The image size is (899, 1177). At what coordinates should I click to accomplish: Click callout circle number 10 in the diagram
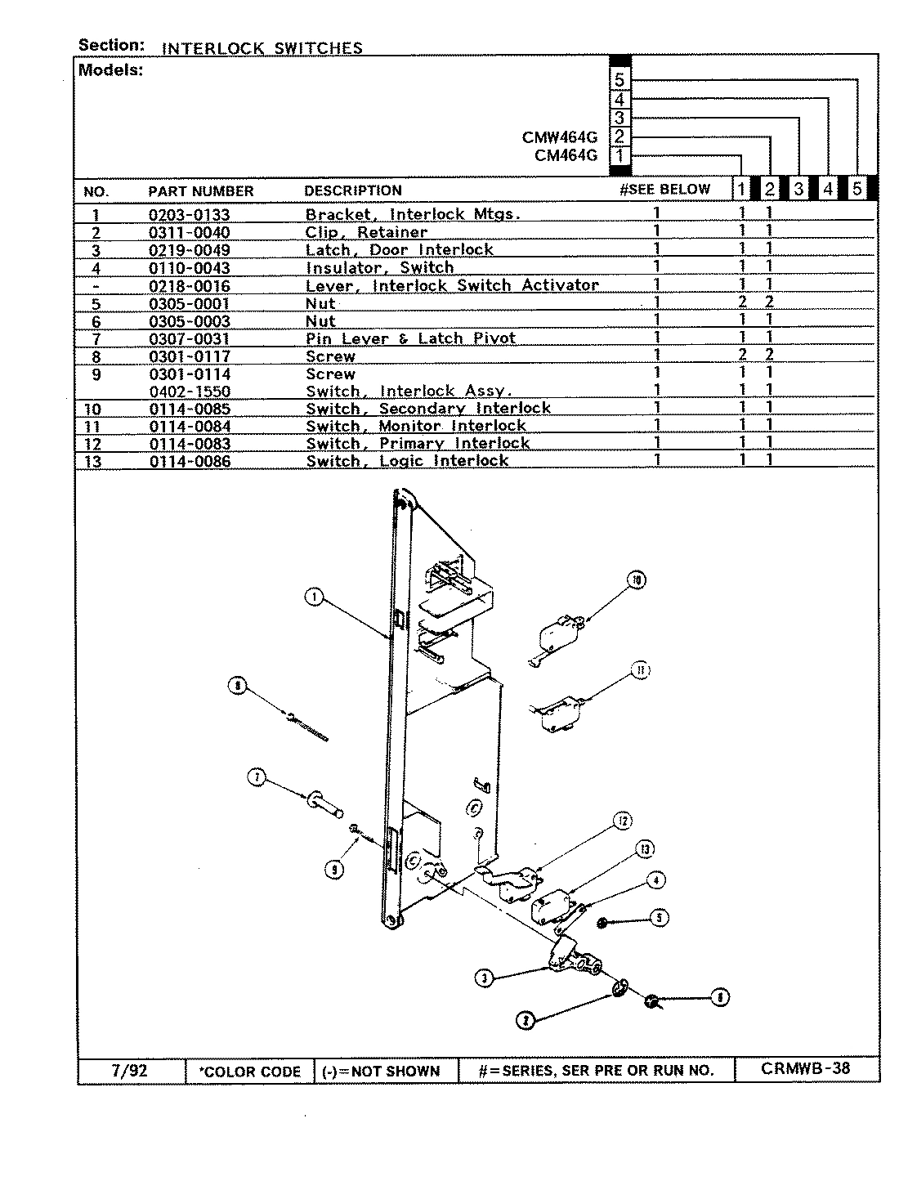[x=637, y=580]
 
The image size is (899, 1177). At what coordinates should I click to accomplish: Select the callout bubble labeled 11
[x=641, y=671]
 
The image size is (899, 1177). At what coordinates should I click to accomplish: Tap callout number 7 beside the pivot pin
[x=257, y=779]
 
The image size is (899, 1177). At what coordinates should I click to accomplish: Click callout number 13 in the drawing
[x=645, y=850]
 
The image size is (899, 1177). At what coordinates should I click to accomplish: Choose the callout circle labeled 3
[x=485, y=978]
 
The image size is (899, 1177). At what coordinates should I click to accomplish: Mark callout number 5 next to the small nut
[x=659, y=918]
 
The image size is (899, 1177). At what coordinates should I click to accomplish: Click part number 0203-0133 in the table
[x=189, y=215]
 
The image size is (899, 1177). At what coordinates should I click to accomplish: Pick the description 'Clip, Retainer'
[x=366, y=232]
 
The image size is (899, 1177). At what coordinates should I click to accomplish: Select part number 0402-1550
[x=189, y=392]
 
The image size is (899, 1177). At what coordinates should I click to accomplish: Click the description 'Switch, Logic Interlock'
[x=407, y=461]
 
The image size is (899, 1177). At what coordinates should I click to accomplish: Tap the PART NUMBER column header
[x=200, y=191]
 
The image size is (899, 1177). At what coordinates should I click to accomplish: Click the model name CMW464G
[x=560, y=136]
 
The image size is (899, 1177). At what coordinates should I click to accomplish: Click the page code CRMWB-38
[x=805, y=1068]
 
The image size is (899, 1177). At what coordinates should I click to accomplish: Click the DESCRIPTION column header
[x=353, y=190]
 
